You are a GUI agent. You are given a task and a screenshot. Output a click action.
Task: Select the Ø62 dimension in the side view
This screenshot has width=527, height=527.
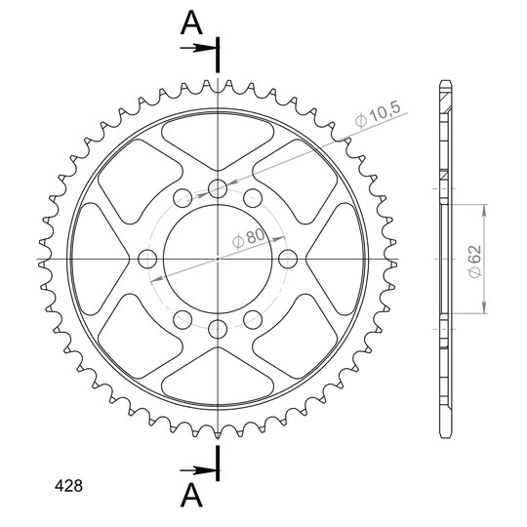tap(475, 262)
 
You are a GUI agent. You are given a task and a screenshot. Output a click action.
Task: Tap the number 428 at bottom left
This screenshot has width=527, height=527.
tap(68, 486)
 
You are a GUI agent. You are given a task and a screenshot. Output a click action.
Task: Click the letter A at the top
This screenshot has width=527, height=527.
tap(191, 22)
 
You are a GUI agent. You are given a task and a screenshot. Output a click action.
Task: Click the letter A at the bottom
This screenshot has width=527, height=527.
tap(191, 495)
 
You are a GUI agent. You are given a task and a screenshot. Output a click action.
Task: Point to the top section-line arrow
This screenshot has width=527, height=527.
tap(198, 48)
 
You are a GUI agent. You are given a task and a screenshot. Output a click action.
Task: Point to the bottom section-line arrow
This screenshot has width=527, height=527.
tap(198, 470)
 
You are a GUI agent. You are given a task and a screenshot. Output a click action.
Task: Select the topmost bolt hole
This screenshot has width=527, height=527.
tap(218, 189)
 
